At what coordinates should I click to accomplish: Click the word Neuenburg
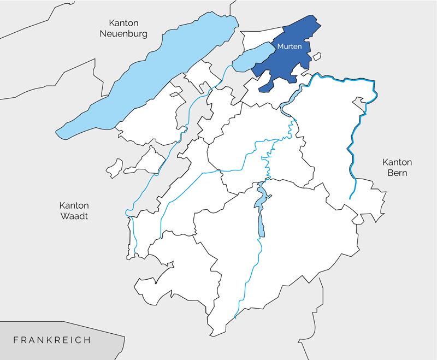click(x=123, y=33)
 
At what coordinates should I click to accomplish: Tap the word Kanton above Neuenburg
click(x=123, y=23)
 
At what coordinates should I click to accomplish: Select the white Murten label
click(x=289, y=46)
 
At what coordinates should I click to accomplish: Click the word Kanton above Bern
click(x=397, y=162)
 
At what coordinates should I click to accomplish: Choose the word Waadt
click(x=74, y=216)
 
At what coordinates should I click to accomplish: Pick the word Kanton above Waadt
click(x=74, y=206)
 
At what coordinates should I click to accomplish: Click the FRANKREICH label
click(x=52, y=340)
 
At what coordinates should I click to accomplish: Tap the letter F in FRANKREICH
click(x=16, y=340)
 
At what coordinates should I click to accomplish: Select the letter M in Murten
click(x=280, y=46)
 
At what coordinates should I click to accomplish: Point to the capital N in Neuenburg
click(x=102, y=33)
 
